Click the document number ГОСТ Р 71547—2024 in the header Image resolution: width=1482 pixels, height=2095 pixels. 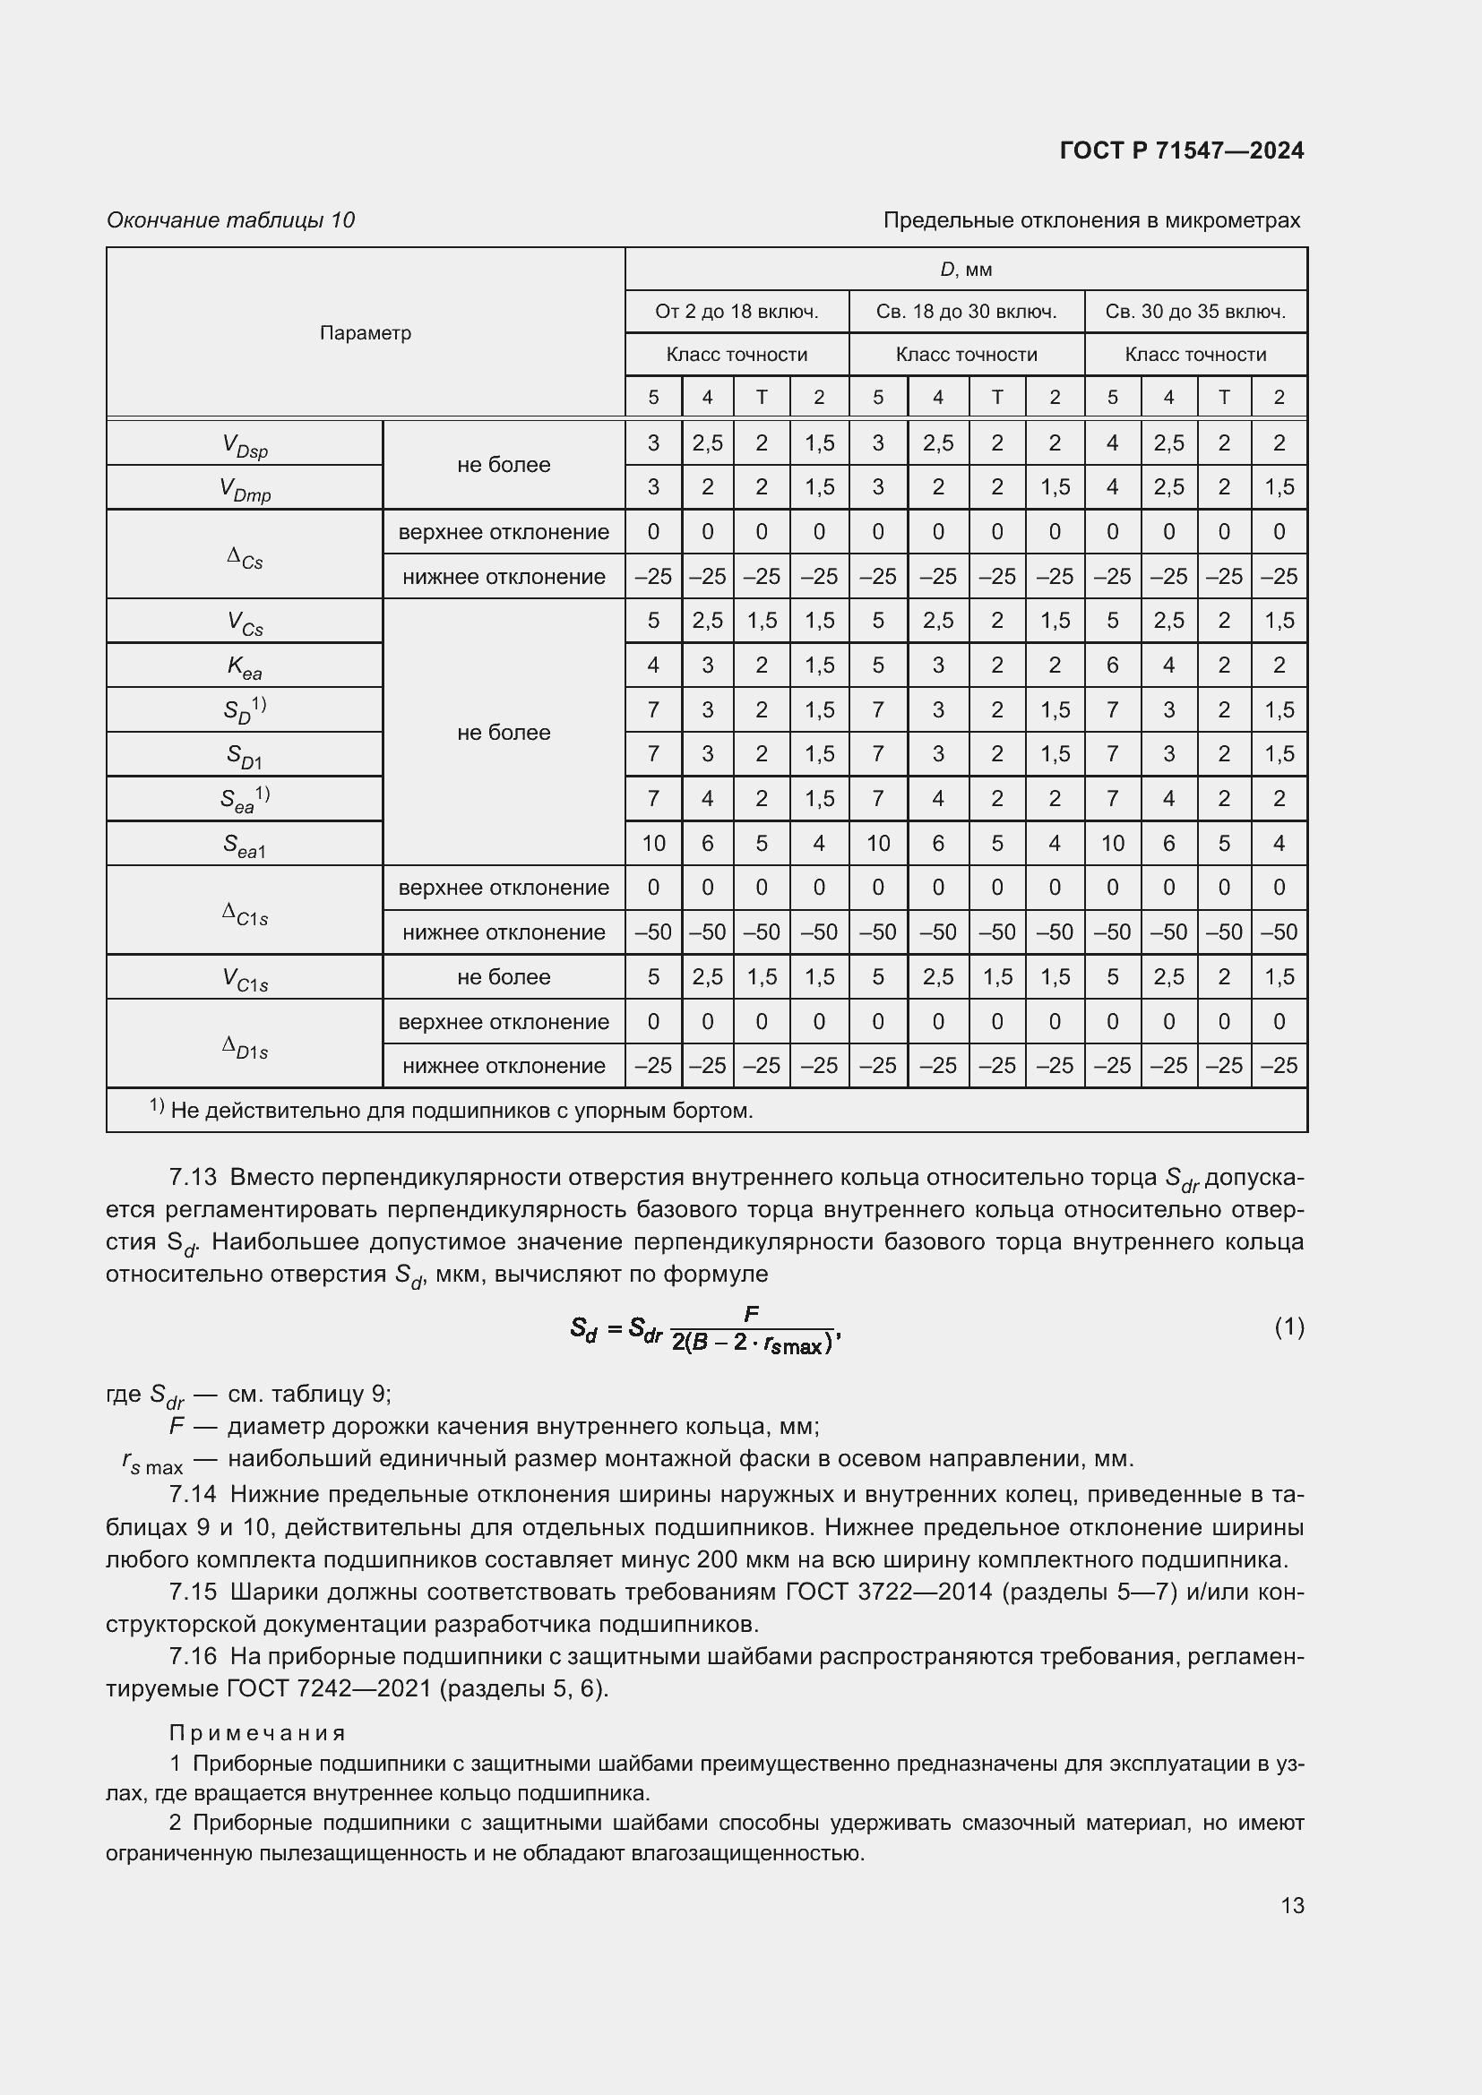click(x=1182, y=150)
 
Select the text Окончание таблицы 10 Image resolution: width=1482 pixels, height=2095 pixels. click(x=230, y=220)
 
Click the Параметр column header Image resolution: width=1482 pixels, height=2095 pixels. click(x=365, y=333)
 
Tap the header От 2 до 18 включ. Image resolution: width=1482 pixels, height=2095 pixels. click(x=737, y=312)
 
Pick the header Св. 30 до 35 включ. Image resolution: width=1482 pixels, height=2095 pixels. click(x=1195, y=312)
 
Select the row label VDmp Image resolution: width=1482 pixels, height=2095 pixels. click(x=245, y=489)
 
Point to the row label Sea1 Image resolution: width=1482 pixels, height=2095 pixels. click(x=244, y=845)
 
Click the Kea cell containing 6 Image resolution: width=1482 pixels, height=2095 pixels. click(x=1111, y=665)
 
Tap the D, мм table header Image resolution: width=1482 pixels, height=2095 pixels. click(x=966, y=270)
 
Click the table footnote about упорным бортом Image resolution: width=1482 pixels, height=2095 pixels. click(x=452, y=1111)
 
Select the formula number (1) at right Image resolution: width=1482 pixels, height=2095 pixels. click(x=1288, y=1327)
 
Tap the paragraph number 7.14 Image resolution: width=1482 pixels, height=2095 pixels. click(x=193, y=1495)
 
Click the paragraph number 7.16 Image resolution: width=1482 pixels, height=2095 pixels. click(x=193, y=1656)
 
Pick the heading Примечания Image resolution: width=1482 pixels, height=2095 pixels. click(x=257, y=1733)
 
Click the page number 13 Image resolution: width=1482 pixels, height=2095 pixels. click(x=1292, y=1905)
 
